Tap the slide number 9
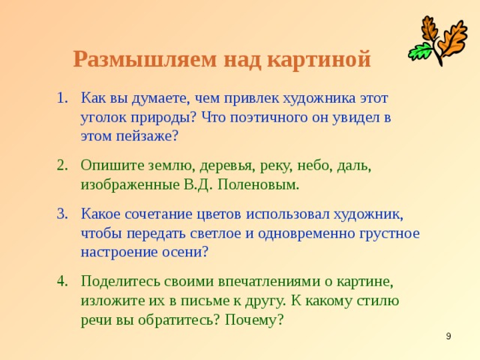click(448, 337)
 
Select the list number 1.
click(62, 97)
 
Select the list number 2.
click(62, 163)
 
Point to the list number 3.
click(62, 213)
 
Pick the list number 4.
click(62, 280)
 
